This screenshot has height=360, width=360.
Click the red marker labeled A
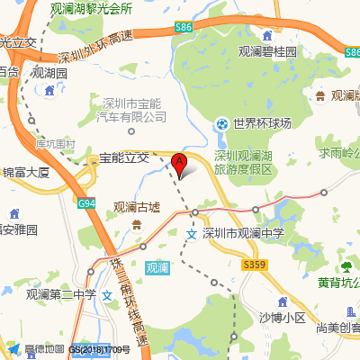(x=180, y=165)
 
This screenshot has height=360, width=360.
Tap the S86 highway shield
(x=184, y=29)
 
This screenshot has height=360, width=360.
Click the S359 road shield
(x=255, y=264)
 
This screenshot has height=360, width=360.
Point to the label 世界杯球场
(x=264, y=123)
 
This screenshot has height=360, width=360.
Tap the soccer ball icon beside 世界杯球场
(x=221, y=123)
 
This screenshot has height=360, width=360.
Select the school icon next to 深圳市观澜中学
(x=191, y=234)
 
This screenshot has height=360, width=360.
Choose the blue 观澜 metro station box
(x=157, y=267)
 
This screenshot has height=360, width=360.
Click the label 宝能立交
(x=124, y=157)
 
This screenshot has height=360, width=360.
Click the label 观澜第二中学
(x=60, y=293)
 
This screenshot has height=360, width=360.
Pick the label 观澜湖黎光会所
(x=92, y=8)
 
